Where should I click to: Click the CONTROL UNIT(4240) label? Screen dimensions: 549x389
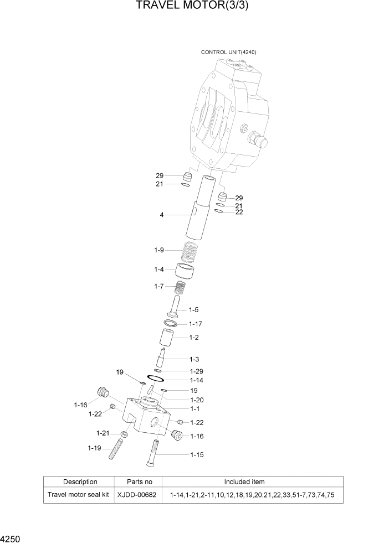(x=228, y=52)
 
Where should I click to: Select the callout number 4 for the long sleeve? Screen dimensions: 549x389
(x=162, y=215)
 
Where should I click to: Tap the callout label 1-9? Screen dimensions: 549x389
(x=159, y=251)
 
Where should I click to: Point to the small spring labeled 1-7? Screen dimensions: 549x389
(x=180, y=288)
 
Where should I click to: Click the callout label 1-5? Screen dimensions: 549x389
(x=194, y=309)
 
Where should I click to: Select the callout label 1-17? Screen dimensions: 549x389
(x=196, y=324)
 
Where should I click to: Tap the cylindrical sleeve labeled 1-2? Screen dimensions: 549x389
(x=168, y=337)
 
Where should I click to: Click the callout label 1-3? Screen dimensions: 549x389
(x=194, y=359)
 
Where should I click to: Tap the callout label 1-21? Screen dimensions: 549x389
(x=103, y=433)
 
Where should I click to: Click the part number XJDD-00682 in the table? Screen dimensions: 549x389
(x=134, y=495)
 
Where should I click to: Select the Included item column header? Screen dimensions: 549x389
(x=244, y=481)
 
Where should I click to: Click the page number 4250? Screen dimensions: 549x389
(x=11, y=538)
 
